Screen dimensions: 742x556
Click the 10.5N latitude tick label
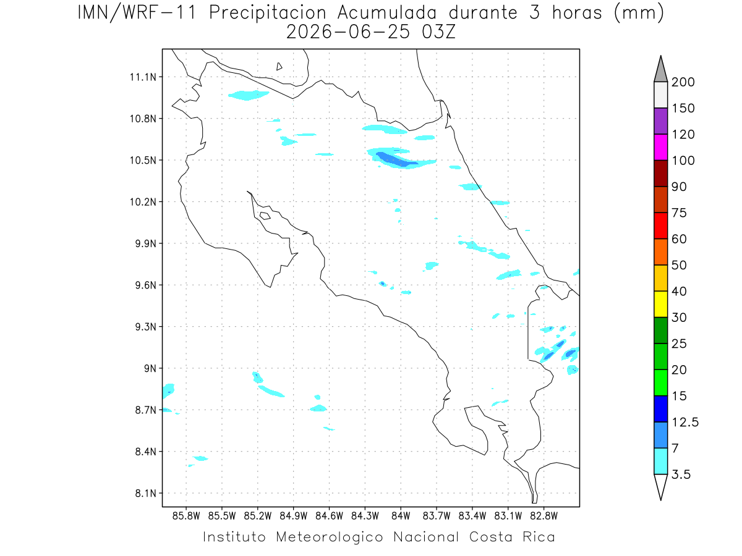[143, 161]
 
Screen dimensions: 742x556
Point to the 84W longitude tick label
[401, 516]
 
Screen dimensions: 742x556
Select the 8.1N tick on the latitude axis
[146, 493]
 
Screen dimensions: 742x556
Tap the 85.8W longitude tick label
[186, 516]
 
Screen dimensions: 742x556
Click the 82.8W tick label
[544, 516]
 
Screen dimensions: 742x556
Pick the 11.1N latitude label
[143, 77]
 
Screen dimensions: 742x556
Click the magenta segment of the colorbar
[660, 147]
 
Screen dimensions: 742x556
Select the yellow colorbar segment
[660, 304]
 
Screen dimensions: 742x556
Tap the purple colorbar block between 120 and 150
[660, 121]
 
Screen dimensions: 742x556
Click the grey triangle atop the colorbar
[660, 72]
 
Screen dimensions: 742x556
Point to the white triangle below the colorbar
[660, 486]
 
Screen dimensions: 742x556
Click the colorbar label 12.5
[685, 422]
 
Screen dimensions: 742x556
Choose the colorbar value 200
[683, 82]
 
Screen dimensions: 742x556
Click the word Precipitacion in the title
[267, 13]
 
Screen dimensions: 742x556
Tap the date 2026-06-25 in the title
[348, 32]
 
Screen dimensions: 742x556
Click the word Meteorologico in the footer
[329, 537]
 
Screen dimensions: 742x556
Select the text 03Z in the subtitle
[438, 32]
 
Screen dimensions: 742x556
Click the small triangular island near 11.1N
[279, 66]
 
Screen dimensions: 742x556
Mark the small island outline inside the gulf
[265, 216]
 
